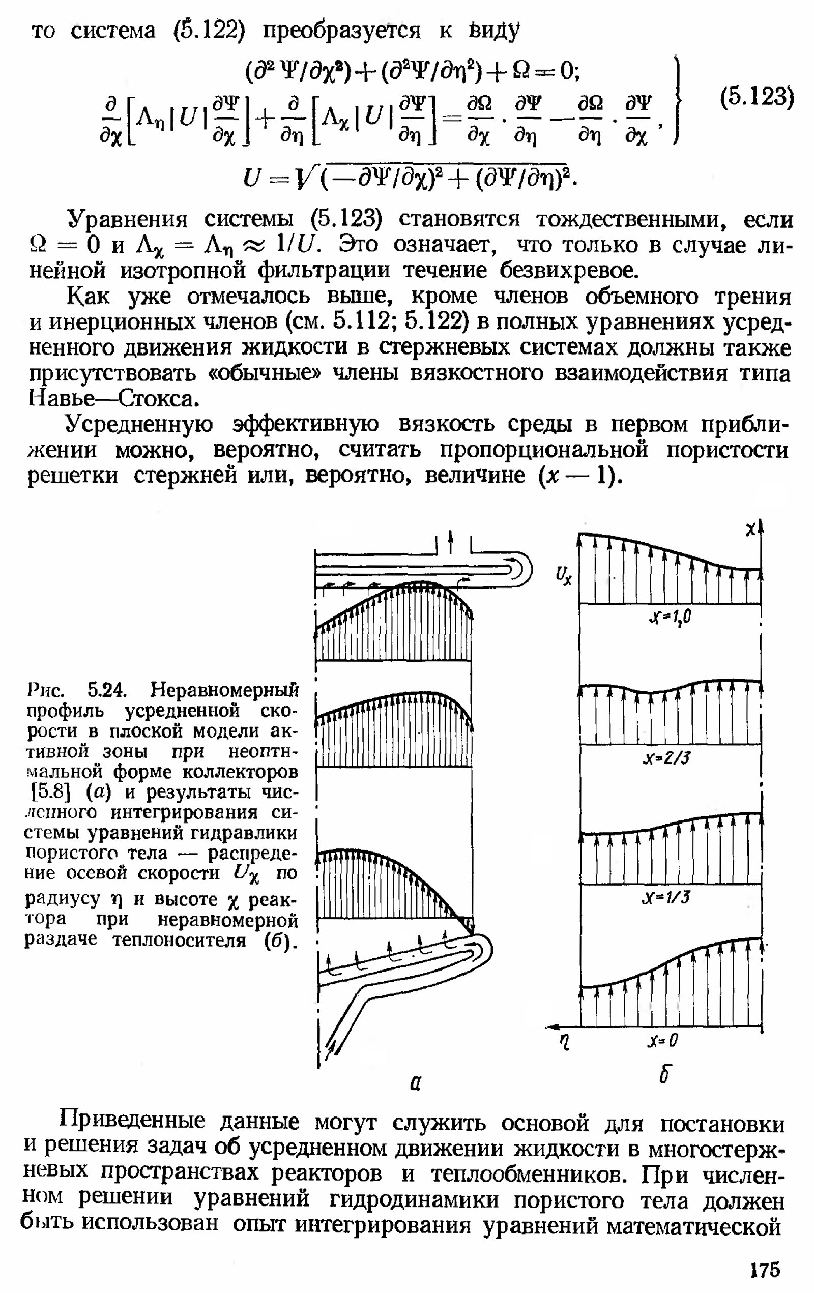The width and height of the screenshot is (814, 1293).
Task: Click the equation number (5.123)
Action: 756,98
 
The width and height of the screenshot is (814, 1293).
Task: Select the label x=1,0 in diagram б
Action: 670,618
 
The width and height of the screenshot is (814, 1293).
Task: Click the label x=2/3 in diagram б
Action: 666,758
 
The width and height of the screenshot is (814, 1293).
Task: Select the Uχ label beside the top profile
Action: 564,576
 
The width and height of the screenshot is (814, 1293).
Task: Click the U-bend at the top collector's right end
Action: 521,569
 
